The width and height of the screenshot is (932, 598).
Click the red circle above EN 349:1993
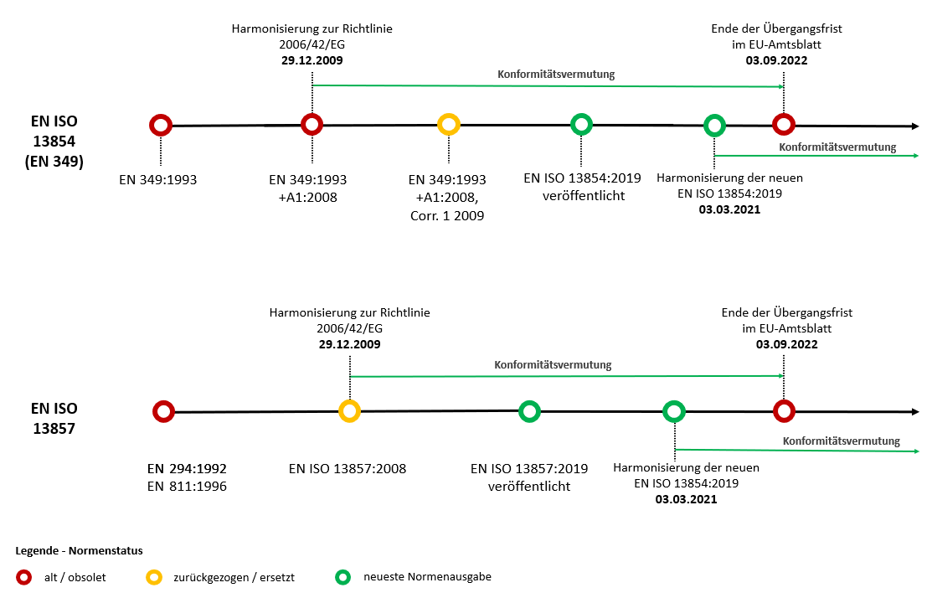[x=160, y=126]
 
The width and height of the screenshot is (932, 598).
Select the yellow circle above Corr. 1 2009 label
[x=449, y=125]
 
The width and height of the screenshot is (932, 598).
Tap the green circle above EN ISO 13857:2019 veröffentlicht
[x=529, y=411]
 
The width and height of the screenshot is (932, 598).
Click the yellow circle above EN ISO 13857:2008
[x=349, y=411]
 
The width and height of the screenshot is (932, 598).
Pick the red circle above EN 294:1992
[x=163, y=411]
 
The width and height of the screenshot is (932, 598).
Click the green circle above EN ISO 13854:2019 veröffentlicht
[x=581, y=125]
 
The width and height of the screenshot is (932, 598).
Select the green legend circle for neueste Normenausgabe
[x=342, y=577]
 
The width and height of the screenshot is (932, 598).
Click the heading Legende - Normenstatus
[x=79, y=551]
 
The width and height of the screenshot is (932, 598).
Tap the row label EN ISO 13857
[x=54, y=418]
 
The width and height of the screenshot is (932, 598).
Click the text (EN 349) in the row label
[x=54, y=162]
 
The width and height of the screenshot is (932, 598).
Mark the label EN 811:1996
[x=187, y=485]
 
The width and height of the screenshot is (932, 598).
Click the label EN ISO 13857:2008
[x=347, y=468]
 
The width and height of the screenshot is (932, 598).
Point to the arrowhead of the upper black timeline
[x=914, y=126]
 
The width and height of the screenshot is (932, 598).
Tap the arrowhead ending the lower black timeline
[x=914, y=412]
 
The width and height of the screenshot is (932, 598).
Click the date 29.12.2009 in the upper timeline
[x=312, y=61]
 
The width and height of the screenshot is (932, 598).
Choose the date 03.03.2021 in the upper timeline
[x=729, y=210]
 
